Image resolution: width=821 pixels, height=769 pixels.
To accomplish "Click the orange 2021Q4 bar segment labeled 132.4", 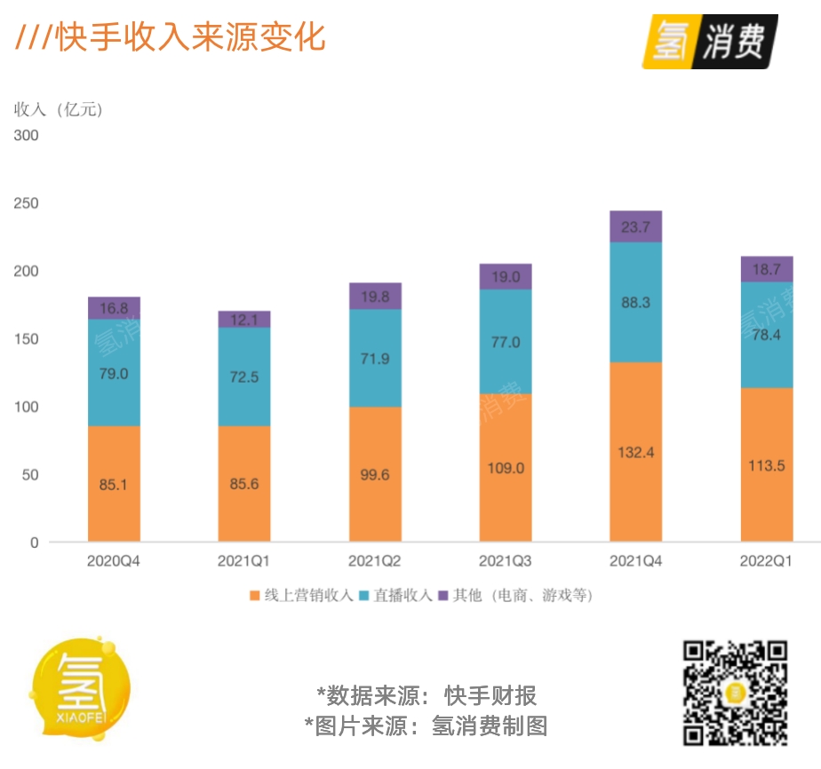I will click(x=635, y=452).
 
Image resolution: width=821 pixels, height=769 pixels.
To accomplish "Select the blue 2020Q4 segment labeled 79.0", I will click(x=114, y=373).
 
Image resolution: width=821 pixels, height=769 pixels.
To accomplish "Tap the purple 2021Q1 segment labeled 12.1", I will click(x=244, y=320).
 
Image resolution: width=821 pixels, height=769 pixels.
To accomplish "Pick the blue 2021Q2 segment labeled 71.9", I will click(x=375, y=358).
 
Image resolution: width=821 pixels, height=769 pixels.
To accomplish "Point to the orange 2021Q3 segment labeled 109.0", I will click(x=506, y=467).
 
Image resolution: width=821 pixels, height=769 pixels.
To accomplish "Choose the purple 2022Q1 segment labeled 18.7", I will click(x=767, y=269).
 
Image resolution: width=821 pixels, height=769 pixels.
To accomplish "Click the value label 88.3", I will click(x=635, y=303).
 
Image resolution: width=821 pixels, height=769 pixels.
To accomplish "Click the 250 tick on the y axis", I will click(x=27, y=203).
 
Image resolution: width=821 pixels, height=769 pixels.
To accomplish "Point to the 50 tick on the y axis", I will click(x=31, y=475).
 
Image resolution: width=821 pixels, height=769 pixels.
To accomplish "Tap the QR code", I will click(x=735, y=693).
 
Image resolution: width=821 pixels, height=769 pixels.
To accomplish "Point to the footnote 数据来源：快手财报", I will click(x=426, y=695).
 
